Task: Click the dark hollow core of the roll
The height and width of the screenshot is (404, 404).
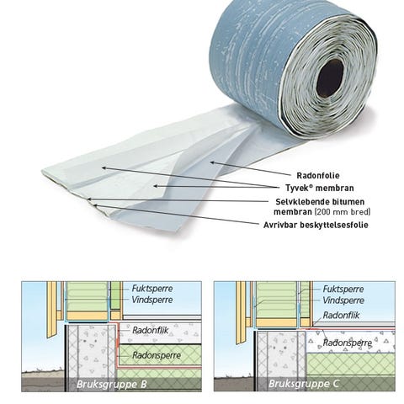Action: tap(330, 77)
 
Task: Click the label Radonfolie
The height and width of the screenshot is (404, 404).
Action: tap(318, 176)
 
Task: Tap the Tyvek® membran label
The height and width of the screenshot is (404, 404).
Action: tap(320, 188)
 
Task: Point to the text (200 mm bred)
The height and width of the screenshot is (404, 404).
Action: tap(343, 211)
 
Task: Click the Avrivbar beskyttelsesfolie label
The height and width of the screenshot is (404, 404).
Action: tap(316, 225)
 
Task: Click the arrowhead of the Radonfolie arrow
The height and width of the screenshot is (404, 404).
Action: tap(212, 162)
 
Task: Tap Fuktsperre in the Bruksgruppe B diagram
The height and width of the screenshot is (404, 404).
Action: tap(152, 289)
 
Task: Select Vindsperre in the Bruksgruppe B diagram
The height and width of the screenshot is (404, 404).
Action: tap(152, 300)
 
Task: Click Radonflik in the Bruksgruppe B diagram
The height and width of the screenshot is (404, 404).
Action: tap(150, 330)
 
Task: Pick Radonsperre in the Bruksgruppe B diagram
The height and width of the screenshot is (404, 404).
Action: tap(157, 355)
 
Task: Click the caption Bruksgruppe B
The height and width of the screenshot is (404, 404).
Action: tap(112, 384)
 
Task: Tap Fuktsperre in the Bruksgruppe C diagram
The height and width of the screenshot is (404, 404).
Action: tap(343, 289)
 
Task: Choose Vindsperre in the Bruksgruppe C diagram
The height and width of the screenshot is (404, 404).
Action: tap(343, 300)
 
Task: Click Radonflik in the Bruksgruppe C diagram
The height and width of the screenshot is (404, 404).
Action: tap(341, 315)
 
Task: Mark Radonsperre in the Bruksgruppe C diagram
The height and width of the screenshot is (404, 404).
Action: tap(348, 343)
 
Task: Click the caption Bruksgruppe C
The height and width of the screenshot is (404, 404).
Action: tap(304, 384)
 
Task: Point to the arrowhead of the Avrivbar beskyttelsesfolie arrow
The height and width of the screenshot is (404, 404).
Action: tap(95, 205)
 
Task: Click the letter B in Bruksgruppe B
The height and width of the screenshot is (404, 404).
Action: tap(144, 384)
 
